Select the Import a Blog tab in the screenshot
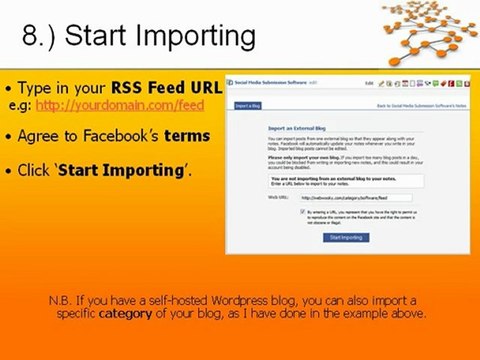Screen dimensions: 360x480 coord(249,104)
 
